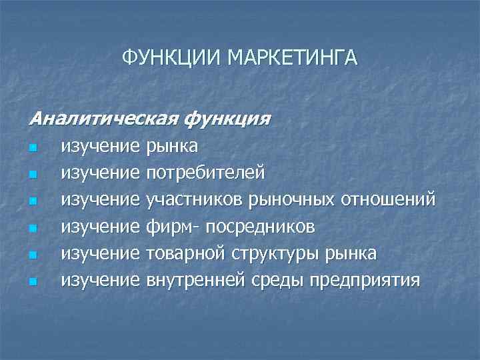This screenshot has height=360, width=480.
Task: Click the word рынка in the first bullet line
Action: [x=171, y=146]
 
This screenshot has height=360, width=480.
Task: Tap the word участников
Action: [x=195, y=200]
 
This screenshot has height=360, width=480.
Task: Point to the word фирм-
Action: [x=171, y=227]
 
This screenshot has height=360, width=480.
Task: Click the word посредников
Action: [x=261, y=227]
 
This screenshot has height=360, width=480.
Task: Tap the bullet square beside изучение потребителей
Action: [x=33, y=174]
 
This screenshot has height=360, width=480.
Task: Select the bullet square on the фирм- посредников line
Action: [x=33, y=228]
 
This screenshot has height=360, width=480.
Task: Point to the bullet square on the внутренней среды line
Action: [x=33, y=281]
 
